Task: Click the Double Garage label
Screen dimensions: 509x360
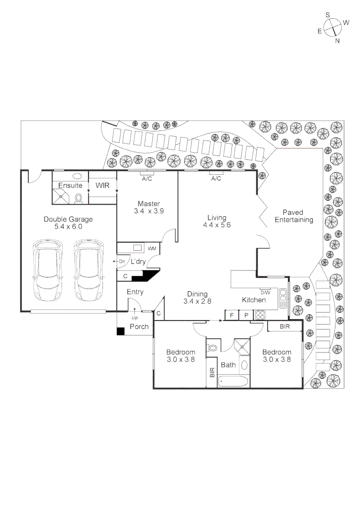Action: [68, 223]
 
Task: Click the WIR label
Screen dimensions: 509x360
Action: [102, 186]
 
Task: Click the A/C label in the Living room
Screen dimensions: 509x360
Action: [216, 179]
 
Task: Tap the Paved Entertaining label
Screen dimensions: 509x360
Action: [294, 216]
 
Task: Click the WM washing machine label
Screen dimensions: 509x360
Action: [152, 248]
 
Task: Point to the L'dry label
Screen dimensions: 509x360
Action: [138, 261]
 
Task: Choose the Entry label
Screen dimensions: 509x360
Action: [135, 292]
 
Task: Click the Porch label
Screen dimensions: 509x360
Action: [139, 327]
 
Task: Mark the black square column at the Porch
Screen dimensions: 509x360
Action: [121, 331]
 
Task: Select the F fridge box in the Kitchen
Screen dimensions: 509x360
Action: [231, 315]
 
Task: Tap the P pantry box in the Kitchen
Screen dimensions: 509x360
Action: [246, 315]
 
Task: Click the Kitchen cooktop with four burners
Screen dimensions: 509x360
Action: [261, 315]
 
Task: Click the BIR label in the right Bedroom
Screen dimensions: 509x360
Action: [285, 326]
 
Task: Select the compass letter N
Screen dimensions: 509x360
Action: [337, 41]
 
